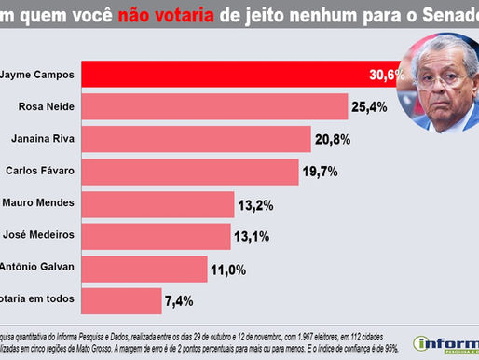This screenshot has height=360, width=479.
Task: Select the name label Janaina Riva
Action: click(38, 139)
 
